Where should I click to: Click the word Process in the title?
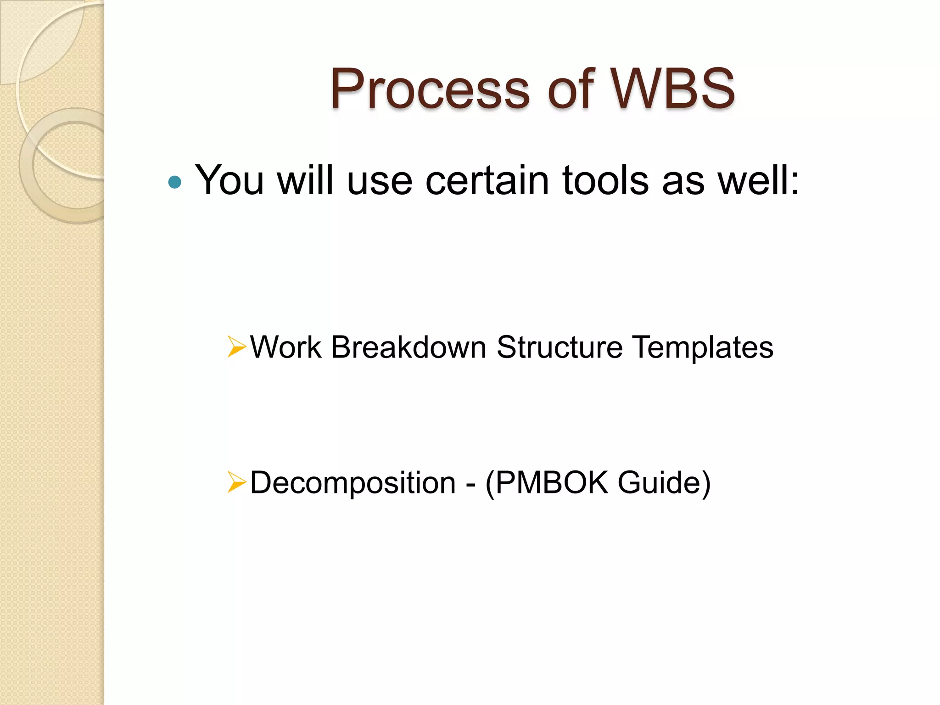coord(430,89)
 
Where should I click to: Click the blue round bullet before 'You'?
coord(175,183)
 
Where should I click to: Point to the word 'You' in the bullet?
coord(229,180)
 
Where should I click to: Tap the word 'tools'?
coord(606,180)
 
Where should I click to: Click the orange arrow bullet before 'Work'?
coord(236,347)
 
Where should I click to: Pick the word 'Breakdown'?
coord(408,347)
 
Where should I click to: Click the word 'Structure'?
coord(560,347)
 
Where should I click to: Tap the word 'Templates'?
coord(703,348)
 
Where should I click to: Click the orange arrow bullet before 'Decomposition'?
coord(236,482)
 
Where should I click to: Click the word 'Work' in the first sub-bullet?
coord(285,347)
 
